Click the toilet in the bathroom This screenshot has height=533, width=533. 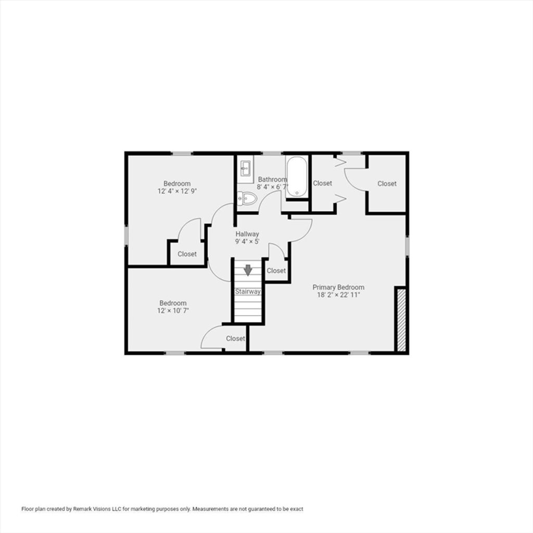tap(247, 198)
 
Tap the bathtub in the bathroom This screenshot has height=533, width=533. tap(297, 177)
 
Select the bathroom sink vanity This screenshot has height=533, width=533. tap(246, 169)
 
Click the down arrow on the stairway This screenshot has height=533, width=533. tap(248, 270)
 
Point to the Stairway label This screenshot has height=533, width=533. tap(248, 291)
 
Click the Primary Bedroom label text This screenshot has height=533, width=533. tap(338, 287)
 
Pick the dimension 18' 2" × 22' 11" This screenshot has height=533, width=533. tap(338, 295)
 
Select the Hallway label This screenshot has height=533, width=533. tap(247, 234)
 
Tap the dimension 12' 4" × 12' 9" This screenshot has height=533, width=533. tap(177, 191)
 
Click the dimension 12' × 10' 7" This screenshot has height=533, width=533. tap(173, 310)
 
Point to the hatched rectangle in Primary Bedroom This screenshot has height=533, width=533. tap(401, 320)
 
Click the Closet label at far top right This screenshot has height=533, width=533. tap(387, 184)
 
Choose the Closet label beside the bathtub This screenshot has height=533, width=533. tap(322, 183)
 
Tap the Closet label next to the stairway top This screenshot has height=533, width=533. tap(276, 271)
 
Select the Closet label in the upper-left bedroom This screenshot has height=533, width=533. tap(187, 254)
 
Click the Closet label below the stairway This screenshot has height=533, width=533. tap(236, 338)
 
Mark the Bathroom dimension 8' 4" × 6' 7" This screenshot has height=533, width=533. tap(272, 187)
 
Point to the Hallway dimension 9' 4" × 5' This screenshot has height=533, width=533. tap(247, 242)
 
